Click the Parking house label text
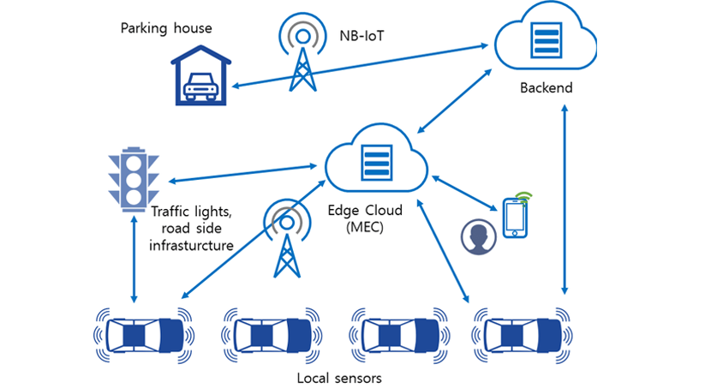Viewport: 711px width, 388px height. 166,29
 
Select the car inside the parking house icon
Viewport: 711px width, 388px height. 200,84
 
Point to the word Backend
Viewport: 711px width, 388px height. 547,88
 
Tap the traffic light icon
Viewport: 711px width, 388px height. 133,179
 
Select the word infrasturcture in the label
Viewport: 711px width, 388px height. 191,246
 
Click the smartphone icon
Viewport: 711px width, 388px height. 514,218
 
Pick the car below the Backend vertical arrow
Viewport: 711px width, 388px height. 523,333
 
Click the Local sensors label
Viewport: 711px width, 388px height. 339,377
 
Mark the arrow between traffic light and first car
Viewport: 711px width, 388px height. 134,257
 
